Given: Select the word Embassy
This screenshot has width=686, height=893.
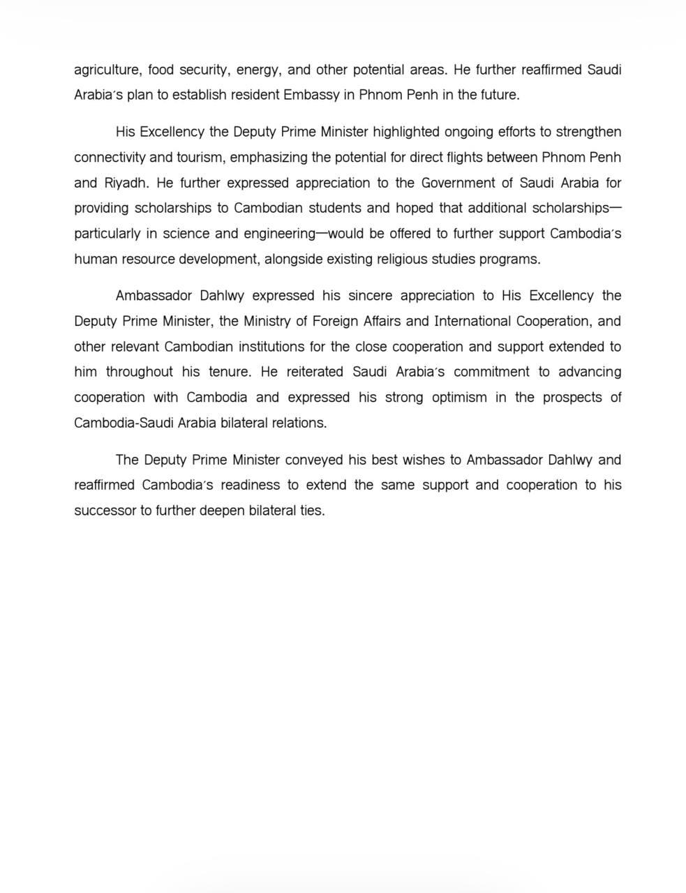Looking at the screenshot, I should (311, 95).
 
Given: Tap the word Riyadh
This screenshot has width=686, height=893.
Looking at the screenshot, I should (126, 183).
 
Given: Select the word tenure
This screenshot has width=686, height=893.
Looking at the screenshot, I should (230, 372).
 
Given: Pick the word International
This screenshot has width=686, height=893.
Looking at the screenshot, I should (472, 322).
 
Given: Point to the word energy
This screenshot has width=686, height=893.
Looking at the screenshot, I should (258, 70).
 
